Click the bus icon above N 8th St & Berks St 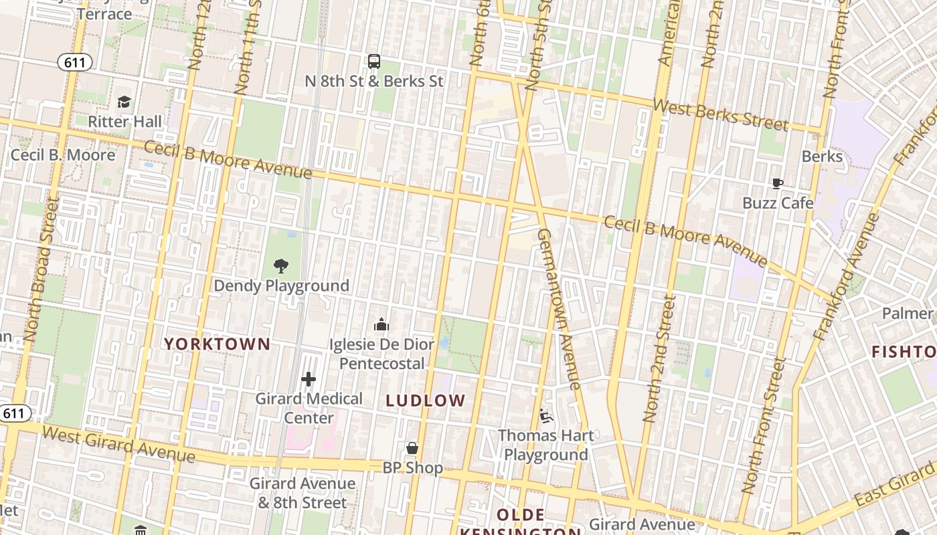tap(374, 62)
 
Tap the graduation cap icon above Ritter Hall tap(124, 102)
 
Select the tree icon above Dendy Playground tap(281, 265)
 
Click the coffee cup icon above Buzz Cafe tap(777, 183)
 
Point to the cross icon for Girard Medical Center tap(309, 379)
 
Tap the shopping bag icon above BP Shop tap(412, 447)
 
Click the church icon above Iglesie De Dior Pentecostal tap(381, 325)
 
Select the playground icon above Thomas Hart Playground tap(546, 416)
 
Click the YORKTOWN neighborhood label tap(218, 344)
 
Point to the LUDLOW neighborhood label tap(426, 401)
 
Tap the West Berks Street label tap(720, 115)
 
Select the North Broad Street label tap(41, 267)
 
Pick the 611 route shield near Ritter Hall tap(74, 63)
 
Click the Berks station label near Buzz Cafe tap(822, 156)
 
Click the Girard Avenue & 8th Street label tap(303, 493)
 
